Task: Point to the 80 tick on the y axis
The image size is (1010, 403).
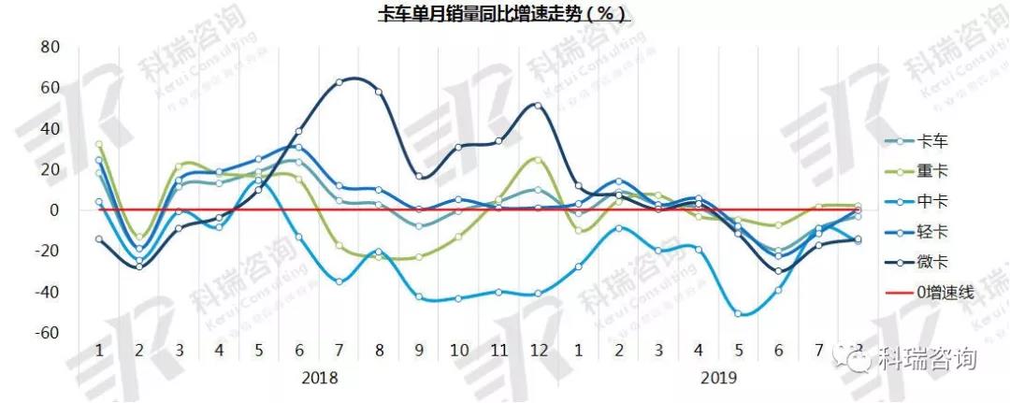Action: tap(48, 47)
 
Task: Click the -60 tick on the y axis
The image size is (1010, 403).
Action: tap(46, 334)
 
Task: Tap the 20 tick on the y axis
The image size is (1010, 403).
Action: tap(48, 169)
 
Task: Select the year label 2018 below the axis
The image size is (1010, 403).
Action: tap(319, 379)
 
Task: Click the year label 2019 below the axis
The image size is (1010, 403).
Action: tap(718, 379)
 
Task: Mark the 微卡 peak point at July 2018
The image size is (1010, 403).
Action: tap(339, 81)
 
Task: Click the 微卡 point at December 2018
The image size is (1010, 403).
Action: tap(538, 105)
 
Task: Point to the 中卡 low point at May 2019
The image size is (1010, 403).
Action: tap(738, 313)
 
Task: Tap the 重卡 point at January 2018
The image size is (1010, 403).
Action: tap(99, 145)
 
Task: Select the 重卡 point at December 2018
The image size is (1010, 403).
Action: tap(538, 159)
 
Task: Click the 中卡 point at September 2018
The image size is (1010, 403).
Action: tap(418, 297)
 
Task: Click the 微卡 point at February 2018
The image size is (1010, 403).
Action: tap(139, 266)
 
